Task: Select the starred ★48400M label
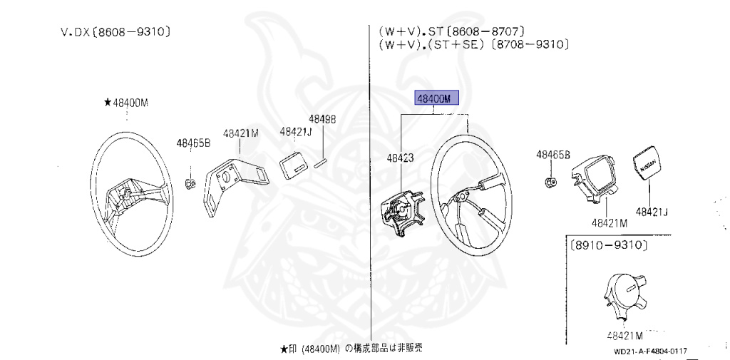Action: (x=125, y=103)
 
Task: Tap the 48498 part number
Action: (x=322, y=119)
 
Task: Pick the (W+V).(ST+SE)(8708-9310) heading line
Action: (x=473, y=44)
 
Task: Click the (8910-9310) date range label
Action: (x=608, y=245)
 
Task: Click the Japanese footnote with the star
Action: (x=351, y=349)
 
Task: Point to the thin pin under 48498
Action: (x=320, y=162)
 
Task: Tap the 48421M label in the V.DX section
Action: (x=240, y=133)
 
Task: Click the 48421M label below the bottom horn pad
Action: (x=624, y=336)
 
